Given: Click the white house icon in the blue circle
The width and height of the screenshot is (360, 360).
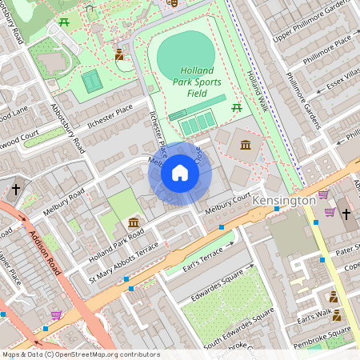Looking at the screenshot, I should (x=180, y=173).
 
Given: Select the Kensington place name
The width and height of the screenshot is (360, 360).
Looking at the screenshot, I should (x=284, y=200).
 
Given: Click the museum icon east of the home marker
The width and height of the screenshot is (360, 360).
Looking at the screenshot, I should (x=245, y=145).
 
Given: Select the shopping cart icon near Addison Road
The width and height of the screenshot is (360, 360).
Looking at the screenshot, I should (x=56, y=315).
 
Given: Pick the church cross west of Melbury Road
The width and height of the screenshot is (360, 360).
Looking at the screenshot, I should (x=15, y=189).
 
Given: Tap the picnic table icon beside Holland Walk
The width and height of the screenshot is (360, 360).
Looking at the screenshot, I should (x=237, y=107).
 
